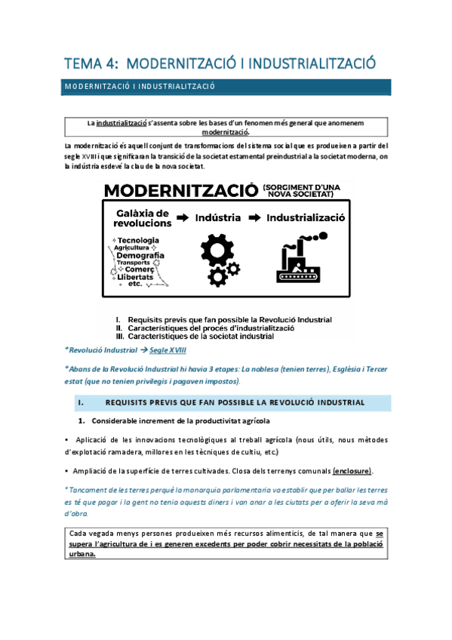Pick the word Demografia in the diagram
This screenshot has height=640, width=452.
point(140,256)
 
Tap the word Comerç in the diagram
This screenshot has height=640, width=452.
point(140,270)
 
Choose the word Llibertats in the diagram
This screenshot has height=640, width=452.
point(135,278)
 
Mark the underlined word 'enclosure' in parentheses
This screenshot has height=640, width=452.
point(352,471)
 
